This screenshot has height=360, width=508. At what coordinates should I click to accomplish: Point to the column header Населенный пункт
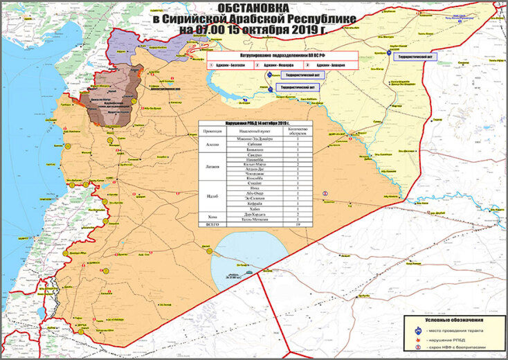coord(251,131)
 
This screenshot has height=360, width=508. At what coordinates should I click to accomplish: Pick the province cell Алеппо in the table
coord(212,144)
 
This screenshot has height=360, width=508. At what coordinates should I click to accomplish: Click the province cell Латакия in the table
coord(212,167)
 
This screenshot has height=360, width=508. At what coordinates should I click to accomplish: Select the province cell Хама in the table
coord(212,217)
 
